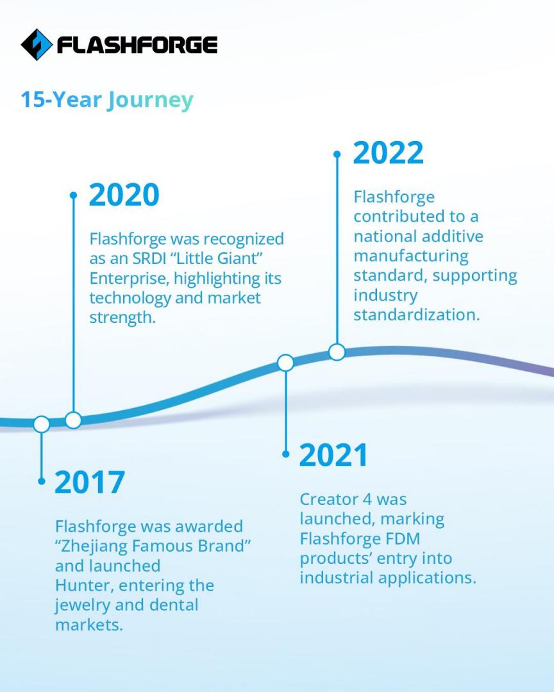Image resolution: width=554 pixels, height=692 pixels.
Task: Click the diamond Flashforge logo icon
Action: [37, 45]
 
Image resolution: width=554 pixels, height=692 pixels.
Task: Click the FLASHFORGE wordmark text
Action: [137, 45]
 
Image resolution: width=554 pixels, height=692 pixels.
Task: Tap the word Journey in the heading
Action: [150, 101]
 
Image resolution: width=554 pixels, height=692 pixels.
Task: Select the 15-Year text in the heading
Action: [62, 99]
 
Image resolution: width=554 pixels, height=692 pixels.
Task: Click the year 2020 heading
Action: [124, 195]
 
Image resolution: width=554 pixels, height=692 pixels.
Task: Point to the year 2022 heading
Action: [389, 152]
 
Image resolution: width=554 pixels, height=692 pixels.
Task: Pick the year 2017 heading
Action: [90, 482]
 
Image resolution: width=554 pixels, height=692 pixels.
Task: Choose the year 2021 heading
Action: [333, 456]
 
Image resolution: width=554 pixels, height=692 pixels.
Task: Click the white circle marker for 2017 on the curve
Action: [42, 424]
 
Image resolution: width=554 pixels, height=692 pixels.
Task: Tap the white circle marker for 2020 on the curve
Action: [73, 420]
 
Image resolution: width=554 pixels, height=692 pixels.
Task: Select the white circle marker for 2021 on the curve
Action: [286, 363]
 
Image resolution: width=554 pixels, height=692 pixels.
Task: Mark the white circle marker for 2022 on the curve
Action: [337, 352]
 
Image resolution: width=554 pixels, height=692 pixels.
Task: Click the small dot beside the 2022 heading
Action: [337, 154]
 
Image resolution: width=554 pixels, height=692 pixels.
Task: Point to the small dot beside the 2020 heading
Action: [73, 195]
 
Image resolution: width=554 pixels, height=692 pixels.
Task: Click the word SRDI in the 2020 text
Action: [151, 259]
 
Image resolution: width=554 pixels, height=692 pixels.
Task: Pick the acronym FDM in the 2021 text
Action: [403, 539]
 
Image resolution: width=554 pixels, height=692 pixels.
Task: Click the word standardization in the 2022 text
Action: [417, 315]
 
